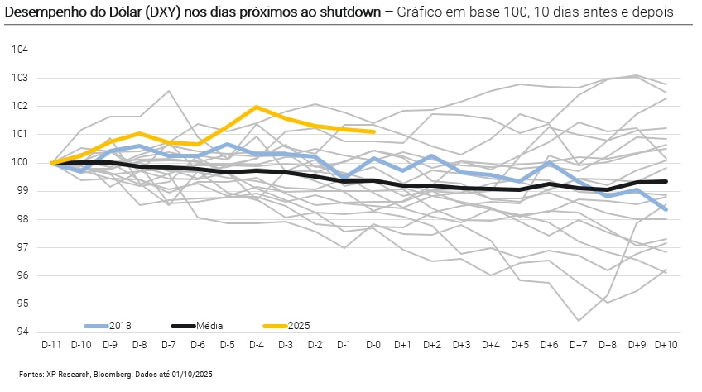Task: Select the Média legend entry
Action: [208, 327]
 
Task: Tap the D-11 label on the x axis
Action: [51, 344]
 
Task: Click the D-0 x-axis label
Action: [374, 344]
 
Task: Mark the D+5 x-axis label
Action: [520, 344]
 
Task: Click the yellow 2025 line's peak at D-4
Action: [257, 107]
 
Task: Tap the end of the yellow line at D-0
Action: [374, 131]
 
